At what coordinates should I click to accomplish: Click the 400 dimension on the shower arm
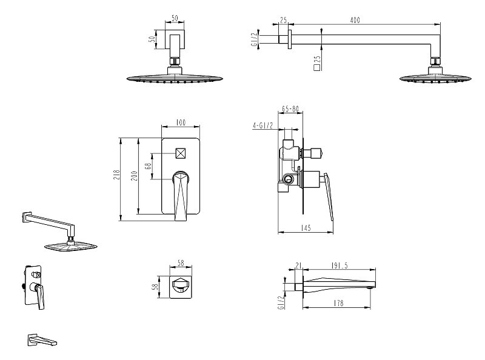355,20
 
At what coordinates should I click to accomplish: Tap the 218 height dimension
116,176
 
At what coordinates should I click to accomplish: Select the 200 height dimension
135,176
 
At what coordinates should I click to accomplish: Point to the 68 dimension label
148,166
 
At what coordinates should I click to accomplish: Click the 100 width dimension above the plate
181,122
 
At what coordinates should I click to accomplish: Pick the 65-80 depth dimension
290,109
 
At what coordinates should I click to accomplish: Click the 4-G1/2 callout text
263,125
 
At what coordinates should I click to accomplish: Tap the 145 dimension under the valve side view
306,228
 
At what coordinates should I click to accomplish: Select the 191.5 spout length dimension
339,265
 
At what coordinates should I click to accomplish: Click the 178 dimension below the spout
339,303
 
